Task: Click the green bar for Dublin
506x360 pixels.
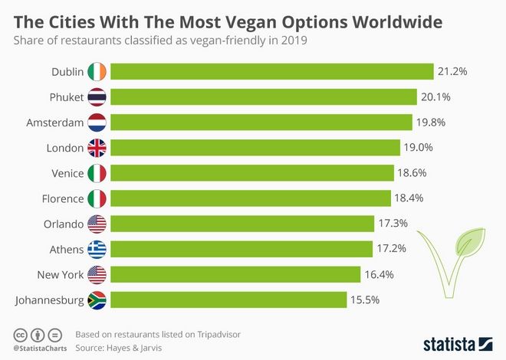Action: pos(272,71)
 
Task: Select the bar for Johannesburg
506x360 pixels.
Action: pos(228,299)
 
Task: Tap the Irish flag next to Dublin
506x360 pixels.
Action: pos(97,71)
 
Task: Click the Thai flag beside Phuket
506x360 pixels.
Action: pos(97,97)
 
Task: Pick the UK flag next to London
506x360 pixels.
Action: pos(97,147)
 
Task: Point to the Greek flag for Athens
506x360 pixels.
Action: pos(97,249)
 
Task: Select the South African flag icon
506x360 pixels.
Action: pos(97,299)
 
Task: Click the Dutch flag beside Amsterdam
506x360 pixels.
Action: pos(97,122)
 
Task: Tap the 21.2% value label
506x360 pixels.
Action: pos(452,71)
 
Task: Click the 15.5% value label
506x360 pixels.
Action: pos(366,299)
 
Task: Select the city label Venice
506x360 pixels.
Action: pos(67,173)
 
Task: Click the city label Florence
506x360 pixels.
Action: pos(63,198)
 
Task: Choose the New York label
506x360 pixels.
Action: pos(60,274)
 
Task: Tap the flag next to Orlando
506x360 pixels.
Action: pos(97,224)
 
